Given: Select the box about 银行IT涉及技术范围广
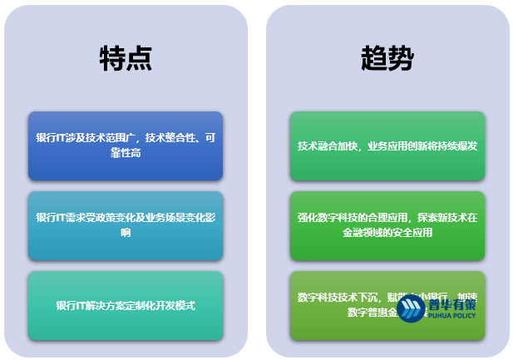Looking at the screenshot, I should click(126, 145).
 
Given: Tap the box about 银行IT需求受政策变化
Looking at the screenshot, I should click(126, 225).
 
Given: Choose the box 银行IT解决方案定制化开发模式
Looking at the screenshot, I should click(126, 305).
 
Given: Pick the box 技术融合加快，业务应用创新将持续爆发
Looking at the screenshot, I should click(387, 145).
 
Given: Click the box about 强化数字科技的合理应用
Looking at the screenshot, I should click(387, 225).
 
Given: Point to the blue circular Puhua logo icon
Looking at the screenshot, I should click(411, 308).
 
